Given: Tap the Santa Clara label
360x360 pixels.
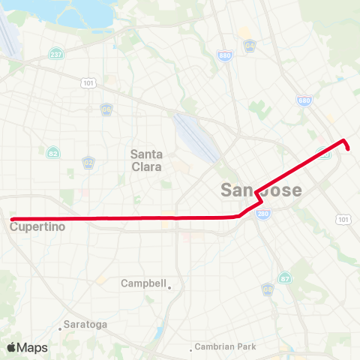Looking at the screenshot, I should click(146, 160).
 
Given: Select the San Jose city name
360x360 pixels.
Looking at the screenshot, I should click(262, 190).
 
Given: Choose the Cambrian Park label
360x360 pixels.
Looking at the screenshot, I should click(226, 347).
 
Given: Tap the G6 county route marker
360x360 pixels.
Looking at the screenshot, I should click(106, 109).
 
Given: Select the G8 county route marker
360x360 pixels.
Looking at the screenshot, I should click(268, 287).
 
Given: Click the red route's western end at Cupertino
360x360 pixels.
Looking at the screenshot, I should click(13, 219).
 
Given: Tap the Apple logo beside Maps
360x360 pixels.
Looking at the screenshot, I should click(11, 347).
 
